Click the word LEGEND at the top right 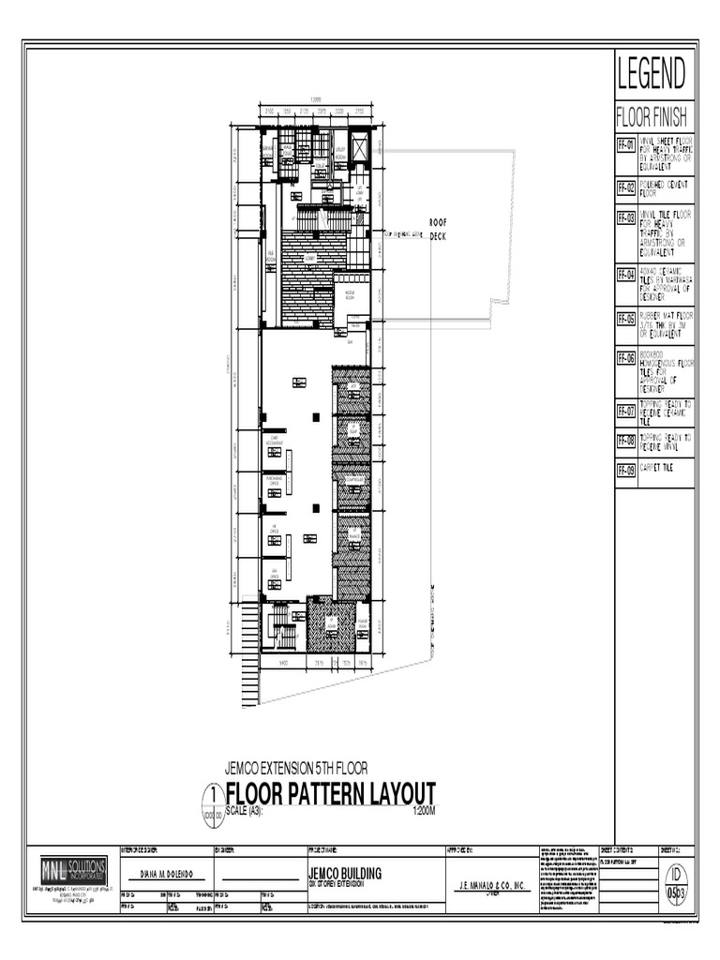(x=652, y=73)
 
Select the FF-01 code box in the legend (x=625, y=145)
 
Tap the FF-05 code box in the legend (x=625, y=318)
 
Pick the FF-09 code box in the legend (x=625, y=470)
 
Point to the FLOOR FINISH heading (x=652, y=119)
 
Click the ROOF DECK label (x=438, y=230)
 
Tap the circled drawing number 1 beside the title (x=214, y=793)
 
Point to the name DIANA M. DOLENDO (x=166, y=873)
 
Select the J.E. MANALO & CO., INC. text (x=492, y=885)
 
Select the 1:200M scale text (x=425, y=810)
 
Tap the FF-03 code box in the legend (x=625, y=217)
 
